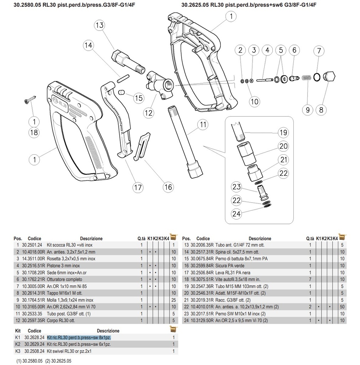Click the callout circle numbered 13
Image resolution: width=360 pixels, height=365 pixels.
[100, 25]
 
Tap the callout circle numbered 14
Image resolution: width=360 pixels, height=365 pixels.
[88, 45]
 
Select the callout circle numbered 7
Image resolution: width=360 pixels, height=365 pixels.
[319, 51]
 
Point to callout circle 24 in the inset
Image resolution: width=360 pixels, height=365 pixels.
[236, 214]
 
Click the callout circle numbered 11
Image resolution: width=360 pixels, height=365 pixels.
[203, 125]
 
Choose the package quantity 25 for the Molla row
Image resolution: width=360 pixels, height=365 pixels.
[173, 300]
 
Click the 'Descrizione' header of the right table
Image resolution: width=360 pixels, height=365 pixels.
[260, 238]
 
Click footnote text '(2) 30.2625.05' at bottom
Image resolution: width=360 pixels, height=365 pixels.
[58, 361]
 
